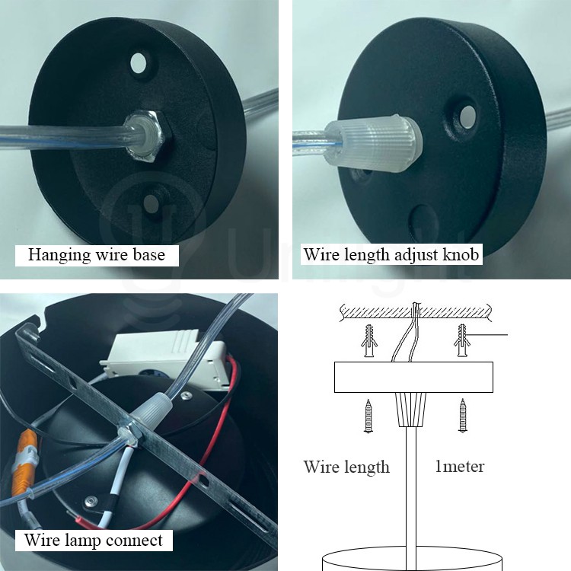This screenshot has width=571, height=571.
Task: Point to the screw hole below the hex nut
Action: pos(152,203)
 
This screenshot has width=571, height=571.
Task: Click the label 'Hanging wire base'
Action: pos(97,254)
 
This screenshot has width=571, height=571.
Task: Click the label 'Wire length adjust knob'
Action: pos(391,254)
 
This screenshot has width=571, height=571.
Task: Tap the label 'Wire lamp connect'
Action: pos(94,541)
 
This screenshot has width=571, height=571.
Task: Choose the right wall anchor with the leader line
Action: pos(462,339)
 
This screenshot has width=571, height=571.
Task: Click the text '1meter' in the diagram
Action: pos(459,466)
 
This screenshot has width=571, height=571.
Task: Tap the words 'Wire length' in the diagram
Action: pos(346,467)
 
